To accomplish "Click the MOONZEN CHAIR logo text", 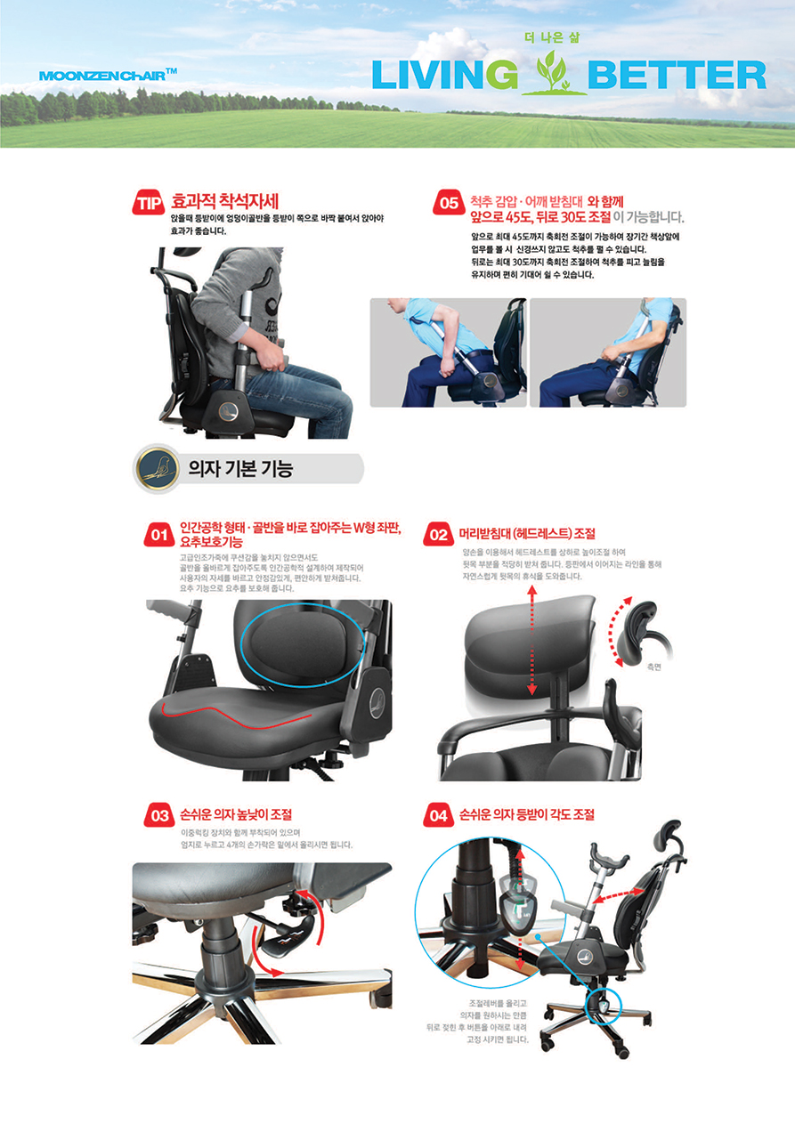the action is coord(108,76).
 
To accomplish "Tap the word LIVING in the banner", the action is coord(444,76).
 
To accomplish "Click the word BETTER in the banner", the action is coord(677,76).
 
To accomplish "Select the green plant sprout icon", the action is coord(553,74).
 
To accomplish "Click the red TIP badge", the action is coord(149,203).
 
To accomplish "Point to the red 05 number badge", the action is coord(449,203).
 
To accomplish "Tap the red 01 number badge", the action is coord(159,535).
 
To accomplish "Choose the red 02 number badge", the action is coord(439,535).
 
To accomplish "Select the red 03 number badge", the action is coord(159,815).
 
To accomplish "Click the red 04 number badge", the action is coord(439,815).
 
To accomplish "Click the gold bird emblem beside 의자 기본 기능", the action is coord(157,469).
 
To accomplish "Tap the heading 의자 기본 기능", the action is coord(240,469).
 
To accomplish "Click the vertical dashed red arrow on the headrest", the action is coord(532,641).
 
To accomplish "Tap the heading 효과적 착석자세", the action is coord(224,202).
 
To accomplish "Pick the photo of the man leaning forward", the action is coord(448,352).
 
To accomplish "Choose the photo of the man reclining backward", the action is coord(608,352).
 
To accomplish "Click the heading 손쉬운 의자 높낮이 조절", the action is coord(236,814).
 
